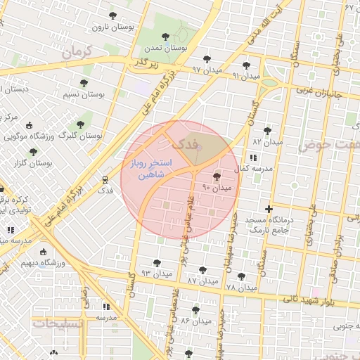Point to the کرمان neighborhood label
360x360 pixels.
point(77,53)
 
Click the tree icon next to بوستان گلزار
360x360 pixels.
point(33,152)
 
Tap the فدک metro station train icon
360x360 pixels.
point(105,179)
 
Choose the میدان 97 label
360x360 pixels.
point(207,70)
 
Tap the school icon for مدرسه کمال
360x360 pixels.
point(253,157)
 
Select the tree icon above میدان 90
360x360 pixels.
point(216,176)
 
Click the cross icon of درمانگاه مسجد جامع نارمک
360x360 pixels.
point(269,209)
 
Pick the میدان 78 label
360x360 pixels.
point(240,288)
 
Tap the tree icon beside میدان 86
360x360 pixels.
point(195,309)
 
